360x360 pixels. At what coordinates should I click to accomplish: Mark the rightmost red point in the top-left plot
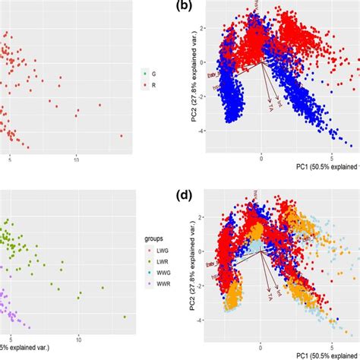tap(122, 136)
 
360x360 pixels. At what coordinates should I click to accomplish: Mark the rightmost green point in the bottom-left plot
tap(125, 317)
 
